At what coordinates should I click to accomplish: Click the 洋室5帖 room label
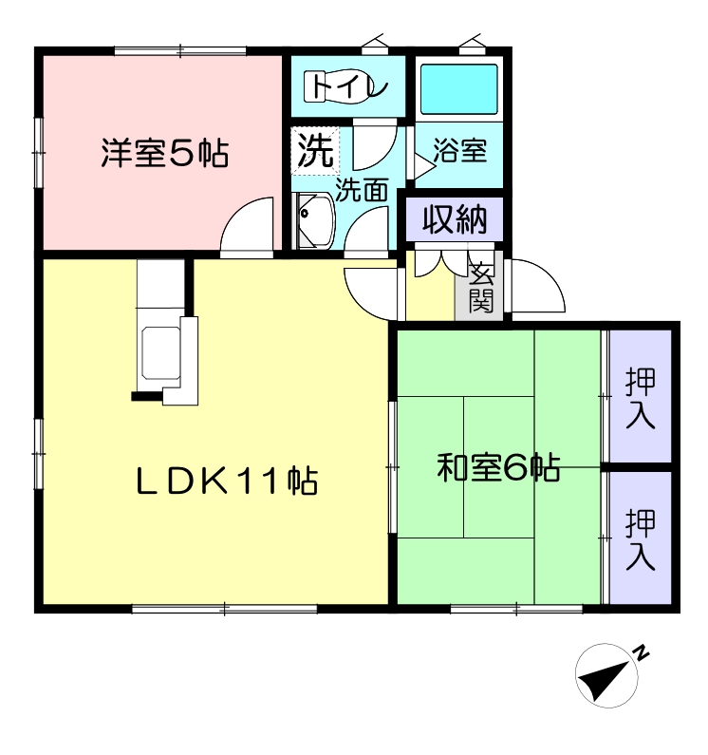(164, 153)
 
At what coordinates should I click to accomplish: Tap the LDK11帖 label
(227, 480)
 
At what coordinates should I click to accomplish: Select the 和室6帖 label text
(498, 467)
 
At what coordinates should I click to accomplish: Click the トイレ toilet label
(348, 86)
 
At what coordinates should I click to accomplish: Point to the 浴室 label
(459, 150)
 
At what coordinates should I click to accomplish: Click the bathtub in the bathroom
(458, 89)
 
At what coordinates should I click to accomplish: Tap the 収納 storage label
(455, 219)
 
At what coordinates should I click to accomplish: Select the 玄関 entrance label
(481, 288)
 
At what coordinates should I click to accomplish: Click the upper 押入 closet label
(640, 398)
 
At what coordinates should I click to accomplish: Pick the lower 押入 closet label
(640, 539)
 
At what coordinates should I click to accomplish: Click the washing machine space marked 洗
(315, 150)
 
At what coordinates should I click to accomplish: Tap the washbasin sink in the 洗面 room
(315, 220)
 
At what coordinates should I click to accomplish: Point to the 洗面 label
(362, 189)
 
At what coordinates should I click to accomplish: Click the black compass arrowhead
(603, 680)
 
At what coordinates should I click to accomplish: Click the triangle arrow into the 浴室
(424, 166)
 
